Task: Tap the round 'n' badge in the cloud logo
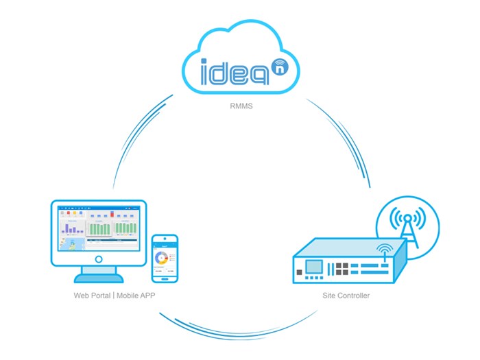coord(279,67)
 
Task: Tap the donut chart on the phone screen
coord(162,259)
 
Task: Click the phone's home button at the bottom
coord(165,276)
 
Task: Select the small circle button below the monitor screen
coord(99,260)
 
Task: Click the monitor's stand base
coord(99,279)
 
